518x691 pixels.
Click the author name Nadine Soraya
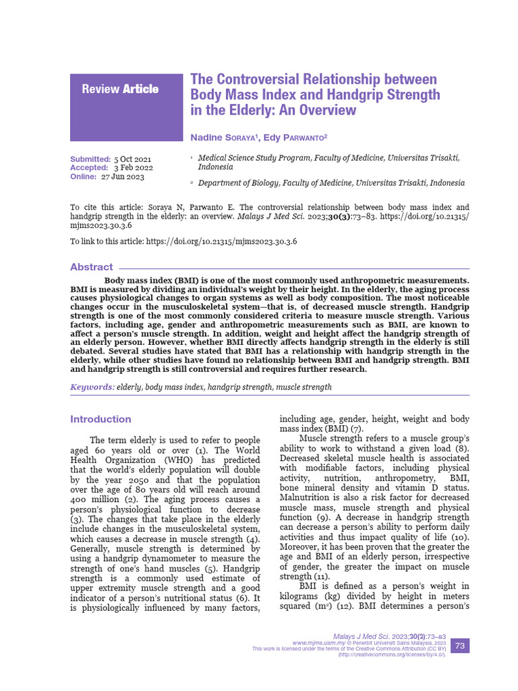coord(225,137)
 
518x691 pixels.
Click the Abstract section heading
coord(92,267)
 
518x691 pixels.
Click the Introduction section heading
coord(100,419)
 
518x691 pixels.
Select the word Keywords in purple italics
coord(92,387)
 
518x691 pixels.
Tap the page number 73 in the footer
coord(459,646)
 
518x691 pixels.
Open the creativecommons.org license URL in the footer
coord(391,655)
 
